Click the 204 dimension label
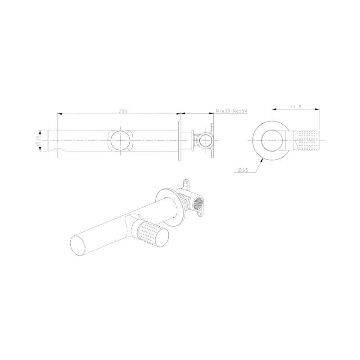(123, 111)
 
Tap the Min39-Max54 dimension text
(232, 111)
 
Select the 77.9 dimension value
(296, 107)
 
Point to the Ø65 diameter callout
(243, 170)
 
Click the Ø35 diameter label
(38, 140)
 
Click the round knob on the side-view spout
(120, 140)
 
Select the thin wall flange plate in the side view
(180, 140)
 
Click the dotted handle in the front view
(307, 140)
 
